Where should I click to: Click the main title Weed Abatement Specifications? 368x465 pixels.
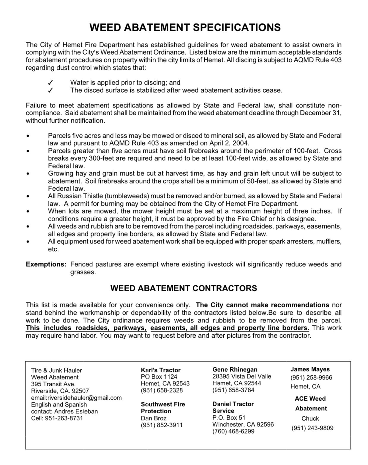pos(185,27)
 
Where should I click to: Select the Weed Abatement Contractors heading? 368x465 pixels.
pos(184,288)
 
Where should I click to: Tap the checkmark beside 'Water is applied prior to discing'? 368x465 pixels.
pos(50,83)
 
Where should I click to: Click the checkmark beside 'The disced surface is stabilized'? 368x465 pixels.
pos(50,90)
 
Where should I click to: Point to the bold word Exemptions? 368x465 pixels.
pos(46,264)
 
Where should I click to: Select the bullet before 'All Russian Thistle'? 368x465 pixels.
pos(28,196)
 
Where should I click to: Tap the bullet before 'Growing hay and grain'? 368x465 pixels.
pos(28,174)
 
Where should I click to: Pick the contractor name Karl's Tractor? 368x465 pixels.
pos(160,370)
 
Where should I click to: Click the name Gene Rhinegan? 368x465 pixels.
pos(235,369)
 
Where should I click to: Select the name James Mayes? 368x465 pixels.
pos(310,369)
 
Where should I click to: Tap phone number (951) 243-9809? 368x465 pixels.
pos(312,428)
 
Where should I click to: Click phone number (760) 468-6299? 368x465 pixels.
pos(233,431)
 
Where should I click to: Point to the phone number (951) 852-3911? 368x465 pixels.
pos(162,425)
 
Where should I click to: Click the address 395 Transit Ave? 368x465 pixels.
pos(53,384)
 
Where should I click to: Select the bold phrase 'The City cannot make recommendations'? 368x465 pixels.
pos(263,305)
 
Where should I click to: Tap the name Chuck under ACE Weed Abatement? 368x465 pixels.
pos(310,418)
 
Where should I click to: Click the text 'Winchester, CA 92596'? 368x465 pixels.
pos(243,424)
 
